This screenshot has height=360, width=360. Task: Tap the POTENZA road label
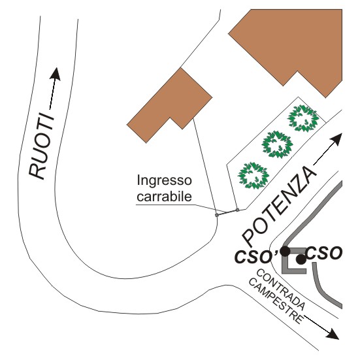coord(279,205)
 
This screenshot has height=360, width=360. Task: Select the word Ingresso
coord(164,181)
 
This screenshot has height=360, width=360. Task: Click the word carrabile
coord(164,196)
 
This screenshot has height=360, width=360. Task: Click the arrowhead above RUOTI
coord(56,74)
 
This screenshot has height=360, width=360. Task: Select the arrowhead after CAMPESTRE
coord(333,333)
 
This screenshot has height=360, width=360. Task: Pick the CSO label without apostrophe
coord(324,253)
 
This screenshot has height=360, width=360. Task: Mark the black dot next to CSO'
coord(285,251)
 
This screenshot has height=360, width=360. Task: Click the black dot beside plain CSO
coord(301,259)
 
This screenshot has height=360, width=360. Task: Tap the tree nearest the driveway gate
coord(254,176)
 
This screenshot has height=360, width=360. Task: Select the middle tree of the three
coord(278,144)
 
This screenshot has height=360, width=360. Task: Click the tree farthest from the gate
coord(303,118)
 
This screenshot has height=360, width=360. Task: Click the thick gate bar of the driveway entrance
coord(227,212)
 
